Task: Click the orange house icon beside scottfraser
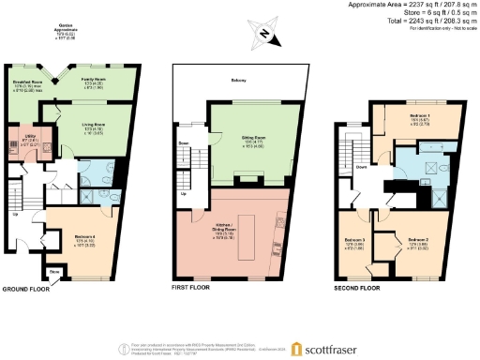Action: click(296, 349)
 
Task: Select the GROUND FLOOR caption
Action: click(26, 290)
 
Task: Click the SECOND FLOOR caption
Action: click(358, 290)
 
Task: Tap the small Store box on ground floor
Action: click(53, 274)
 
